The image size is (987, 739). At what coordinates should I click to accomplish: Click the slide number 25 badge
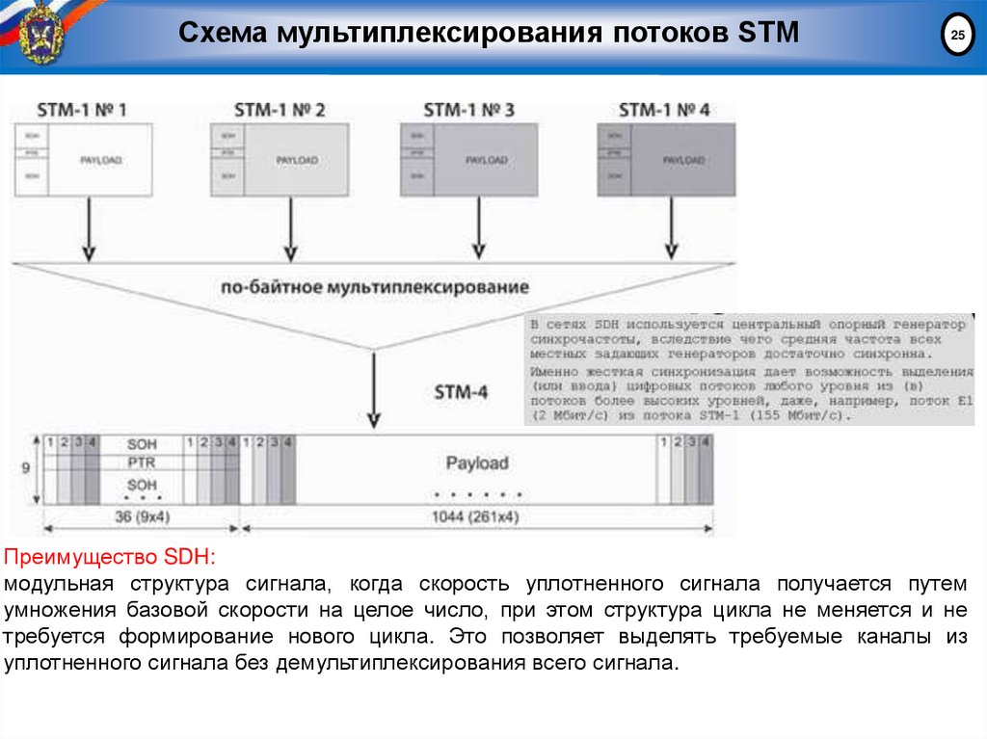pyautogui.click(x=956, y=37)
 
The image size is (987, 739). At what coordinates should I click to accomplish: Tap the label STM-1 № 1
pyautogui.click(x=82, y=110)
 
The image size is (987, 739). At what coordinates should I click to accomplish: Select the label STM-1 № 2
pyautogui.click(x=280, y=110)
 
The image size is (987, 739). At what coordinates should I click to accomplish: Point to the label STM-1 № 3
pyautogui.click(x=469, y=110)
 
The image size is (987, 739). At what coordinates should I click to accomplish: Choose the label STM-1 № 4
pyautogui.click(x=665, y=110)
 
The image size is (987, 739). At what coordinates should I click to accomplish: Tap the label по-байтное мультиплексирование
pyautogui.click(x=375, y=287)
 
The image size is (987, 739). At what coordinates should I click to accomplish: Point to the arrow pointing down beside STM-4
pyautogui.click(x=374, y=390)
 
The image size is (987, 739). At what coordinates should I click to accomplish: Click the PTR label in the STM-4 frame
pyautogui.click(x=142, y=463)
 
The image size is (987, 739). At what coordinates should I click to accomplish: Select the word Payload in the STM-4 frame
pyautogui.click(x=476, y=463)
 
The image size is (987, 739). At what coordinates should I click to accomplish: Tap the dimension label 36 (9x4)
pyautogui.click(x=142, y=516)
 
